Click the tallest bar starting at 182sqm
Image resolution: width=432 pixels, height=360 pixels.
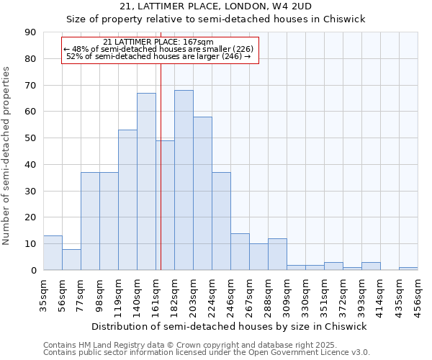pyautogui.click(x=184, y=180)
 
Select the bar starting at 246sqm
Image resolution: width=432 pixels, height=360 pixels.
pyautogui.click(x=240, y=251)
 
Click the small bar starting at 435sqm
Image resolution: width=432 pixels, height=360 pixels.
pyautogui.click(x=408, y=269)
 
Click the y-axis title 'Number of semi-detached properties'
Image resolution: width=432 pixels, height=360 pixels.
pyautogui.click(x=7, y=156)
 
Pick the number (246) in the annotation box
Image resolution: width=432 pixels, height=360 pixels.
pyautogui.click(x=230, y=56)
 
